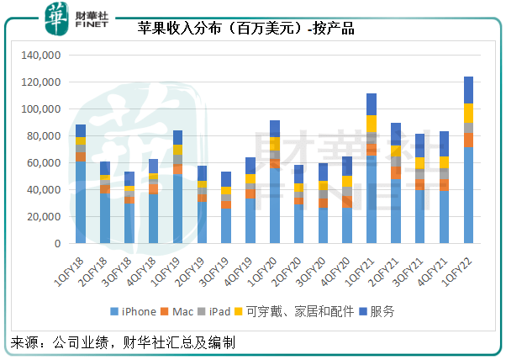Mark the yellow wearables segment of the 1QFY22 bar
[468, 113]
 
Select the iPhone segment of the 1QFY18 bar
[80, 203]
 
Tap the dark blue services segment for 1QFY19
[177, 137]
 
